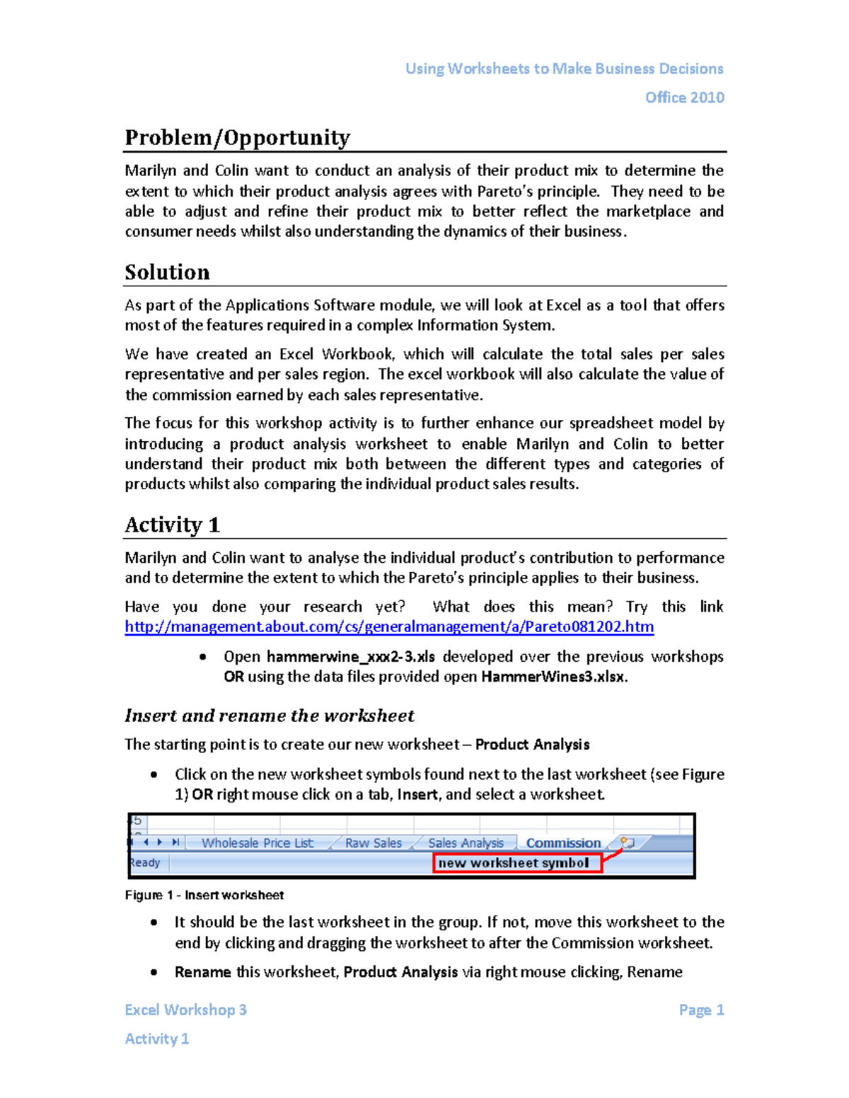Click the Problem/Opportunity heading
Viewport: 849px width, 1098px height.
(x=237, y=137)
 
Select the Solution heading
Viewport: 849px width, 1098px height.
(x=167, y=272)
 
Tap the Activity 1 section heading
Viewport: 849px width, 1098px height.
(x=172, y=525)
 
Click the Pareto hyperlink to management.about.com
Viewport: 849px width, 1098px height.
(x=389, y=626)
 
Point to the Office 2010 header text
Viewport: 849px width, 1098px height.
(x=684, y=98)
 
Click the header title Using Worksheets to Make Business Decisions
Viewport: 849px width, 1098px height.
(x=564, y=69)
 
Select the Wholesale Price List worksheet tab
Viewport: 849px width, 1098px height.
(x=258, y=843)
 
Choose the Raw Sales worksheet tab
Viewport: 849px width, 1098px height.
(x=374, y=843)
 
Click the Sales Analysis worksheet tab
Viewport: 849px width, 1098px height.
(x=466, y=843)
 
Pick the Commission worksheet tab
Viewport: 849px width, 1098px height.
(x=563, y=843)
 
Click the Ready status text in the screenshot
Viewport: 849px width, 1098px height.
(x=145, y=863)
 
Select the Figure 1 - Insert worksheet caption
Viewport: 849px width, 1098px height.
(x=204, y=895)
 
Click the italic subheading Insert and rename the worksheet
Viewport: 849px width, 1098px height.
(x=269, y=716)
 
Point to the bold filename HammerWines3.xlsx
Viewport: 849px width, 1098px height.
(x=553, y=677)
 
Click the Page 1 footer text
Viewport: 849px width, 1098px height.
(x=701, y=1010)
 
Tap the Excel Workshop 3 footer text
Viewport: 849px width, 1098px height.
(x=185, y=1010)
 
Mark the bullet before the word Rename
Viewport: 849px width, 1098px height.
(x=154, y=973)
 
